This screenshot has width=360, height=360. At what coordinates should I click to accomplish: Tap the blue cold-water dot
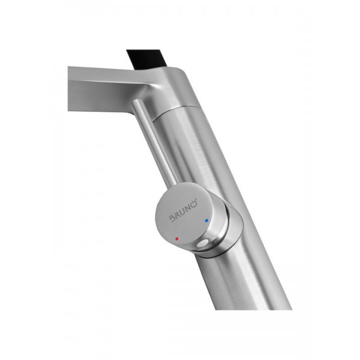click(x=206, y=221)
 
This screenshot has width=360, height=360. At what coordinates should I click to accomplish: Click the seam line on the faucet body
click(x=177, y=110)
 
